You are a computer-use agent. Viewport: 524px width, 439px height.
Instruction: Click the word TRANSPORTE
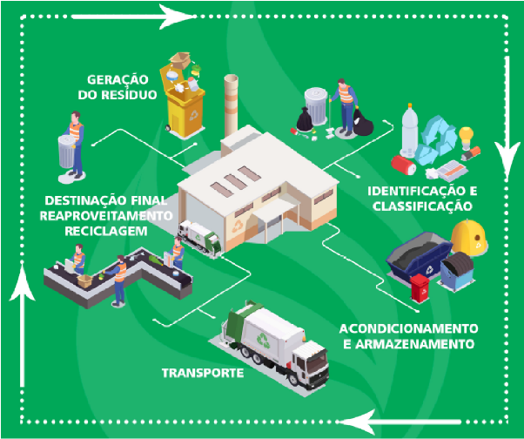point(201,374)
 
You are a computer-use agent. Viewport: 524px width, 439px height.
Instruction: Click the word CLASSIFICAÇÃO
point(420,206)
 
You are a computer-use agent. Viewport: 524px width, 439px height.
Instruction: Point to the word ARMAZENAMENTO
point(431,344)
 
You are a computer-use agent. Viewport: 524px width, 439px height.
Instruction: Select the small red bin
point(420,288)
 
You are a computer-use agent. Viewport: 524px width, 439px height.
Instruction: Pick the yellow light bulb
point(467,138)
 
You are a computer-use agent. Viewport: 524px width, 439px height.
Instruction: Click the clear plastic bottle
point(411,131)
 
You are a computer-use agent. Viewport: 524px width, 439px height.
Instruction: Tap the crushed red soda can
point(401,163)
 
